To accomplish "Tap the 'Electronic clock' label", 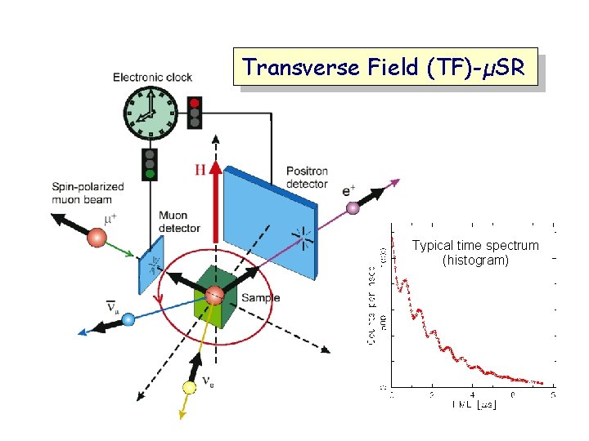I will click(x=153, y=78).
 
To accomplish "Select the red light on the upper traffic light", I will click(x=195, y=104).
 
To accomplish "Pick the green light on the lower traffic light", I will click(x=151, y=172).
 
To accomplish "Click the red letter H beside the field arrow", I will click(x=200, y=170).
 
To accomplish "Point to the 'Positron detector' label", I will click(x=307, y=177).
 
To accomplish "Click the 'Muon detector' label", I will click(x=179, y=221).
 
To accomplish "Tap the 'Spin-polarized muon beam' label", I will click(x=88, y=192).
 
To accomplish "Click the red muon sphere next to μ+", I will click(x=97, y=238).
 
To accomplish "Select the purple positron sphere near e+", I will click(x=353, y=208).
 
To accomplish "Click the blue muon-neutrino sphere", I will click(x=128, y=320).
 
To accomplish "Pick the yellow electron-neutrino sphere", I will click(x=190, y=387).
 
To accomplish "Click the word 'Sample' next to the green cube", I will click(x=260, y=297).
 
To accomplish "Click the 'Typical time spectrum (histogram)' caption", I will click(x=475, y=252).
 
